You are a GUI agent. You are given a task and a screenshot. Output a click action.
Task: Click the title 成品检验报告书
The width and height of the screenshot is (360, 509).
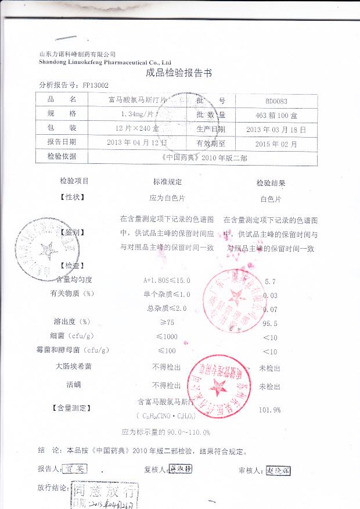tap(179, 73)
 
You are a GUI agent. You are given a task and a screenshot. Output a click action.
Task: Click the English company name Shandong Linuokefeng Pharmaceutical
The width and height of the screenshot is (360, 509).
tap(105, 61)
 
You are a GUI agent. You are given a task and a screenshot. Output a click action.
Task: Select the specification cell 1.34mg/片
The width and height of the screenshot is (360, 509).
tap(134, 114)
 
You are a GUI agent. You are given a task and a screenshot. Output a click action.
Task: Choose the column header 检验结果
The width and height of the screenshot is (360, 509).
tap(271, 182)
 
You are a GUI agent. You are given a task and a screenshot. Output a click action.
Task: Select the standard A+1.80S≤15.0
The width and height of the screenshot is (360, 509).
tap(167, 281)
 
